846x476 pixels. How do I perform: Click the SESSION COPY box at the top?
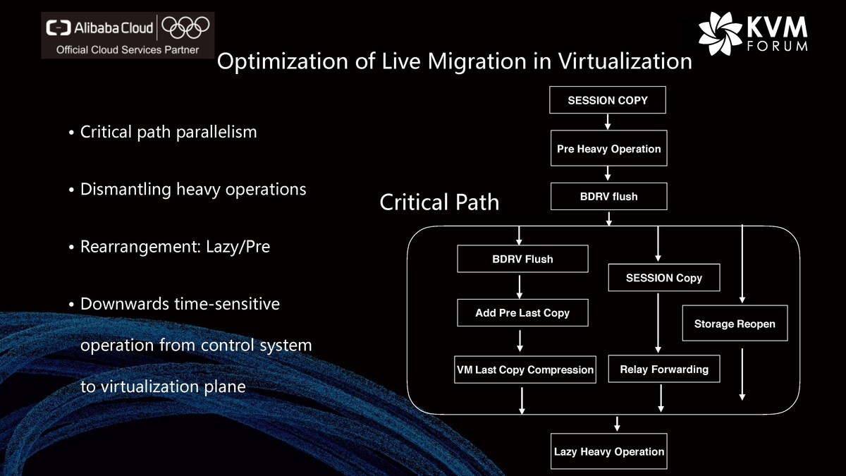point(608,100)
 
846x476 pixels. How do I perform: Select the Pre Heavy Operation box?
point(608,149)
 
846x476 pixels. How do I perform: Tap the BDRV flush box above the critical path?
point(608,197)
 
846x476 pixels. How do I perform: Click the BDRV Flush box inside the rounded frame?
point(522,259)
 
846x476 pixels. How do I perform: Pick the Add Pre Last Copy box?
point(522,312)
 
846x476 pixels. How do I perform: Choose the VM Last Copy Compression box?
point(525,370)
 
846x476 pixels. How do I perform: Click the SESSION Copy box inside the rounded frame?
point(663,278)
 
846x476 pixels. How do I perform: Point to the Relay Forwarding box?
point(663,369)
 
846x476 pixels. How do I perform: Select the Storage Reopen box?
point(735,324)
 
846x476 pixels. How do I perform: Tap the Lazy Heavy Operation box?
point(608,451)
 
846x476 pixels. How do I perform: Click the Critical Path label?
point(439,202)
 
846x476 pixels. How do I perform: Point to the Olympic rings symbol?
point(186,28)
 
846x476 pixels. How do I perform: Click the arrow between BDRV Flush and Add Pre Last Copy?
point(520,286)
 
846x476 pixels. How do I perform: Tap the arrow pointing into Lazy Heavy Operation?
point(618,423)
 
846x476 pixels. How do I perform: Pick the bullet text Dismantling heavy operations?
point(193,189)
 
